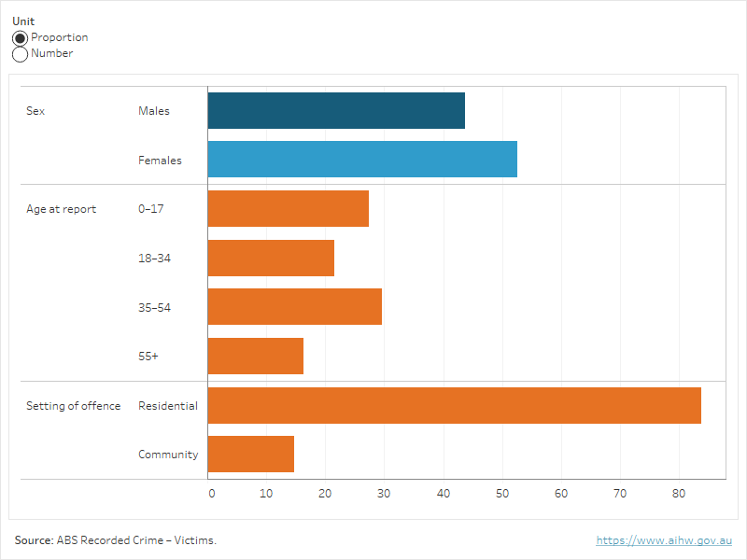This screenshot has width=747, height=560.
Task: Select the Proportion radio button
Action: coord(21,38)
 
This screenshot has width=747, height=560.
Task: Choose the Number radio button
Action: coord(21,54)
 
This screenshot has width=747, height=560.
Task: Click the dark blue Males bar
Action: coord(336,111)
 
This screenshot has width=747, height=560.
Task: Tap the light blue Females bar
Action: coord(362,160)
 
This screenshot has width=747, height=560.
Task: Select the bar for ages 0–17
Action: coord(288,208)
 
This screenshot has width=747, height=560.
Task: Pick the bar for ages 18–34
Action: coord(271,258)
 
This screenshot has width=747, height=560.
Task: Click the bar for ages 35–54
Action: coord(294,306)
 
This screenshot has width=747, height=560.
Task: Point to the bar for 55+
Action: coord(255,356)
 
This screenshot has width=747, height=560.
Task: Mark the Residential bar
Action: coord(454,405)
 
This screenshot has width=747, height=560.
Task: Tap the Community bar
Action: coord(250,455)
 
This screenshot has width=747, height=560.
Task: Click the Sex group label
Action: coord(35,111)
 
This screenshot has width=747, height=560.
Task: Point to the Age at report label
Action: coord(61,209)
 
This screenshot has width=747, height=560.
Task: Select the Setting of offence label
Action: coord(73,406)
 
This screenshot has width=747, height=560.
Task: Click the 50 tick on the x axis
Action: coord(501,493)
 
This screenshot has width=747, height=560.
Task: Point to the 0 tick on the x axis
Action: coord(211,493)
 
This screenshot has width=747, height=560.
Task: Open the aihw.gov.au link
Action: coord(664,540)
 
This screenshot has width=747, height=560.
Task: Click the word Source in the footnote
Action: coord(33,540)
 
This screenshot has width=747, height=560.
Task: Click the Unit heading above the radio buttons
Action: coord(22,21)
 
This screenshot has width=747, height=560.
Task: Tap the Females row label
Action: coord(160,161)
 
